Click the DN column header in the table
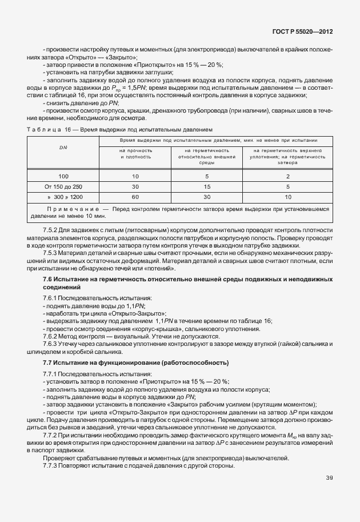(63, 148)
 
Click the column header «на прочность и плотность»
(135, 153)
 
